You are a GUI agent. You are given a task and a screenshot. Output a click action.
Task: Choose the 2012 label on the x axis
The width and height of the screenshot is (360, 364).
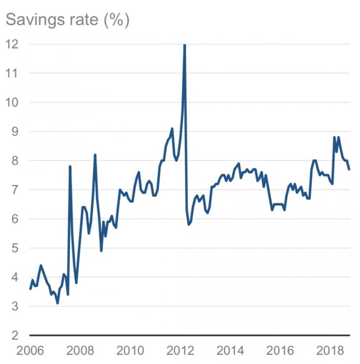(x=182, y=351)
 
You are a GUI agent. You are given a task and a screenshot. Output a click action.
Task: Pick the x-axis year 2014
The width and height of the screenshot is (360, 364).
(x=232, y=351)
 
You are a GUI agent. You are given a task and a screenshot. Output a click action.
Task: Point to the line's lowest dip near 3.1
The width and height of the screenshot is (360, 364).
(x=57, y=303)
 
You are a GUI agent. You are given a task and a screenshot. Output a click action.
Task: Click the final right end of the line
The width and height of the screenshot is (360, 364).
(x=349, y=169)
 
